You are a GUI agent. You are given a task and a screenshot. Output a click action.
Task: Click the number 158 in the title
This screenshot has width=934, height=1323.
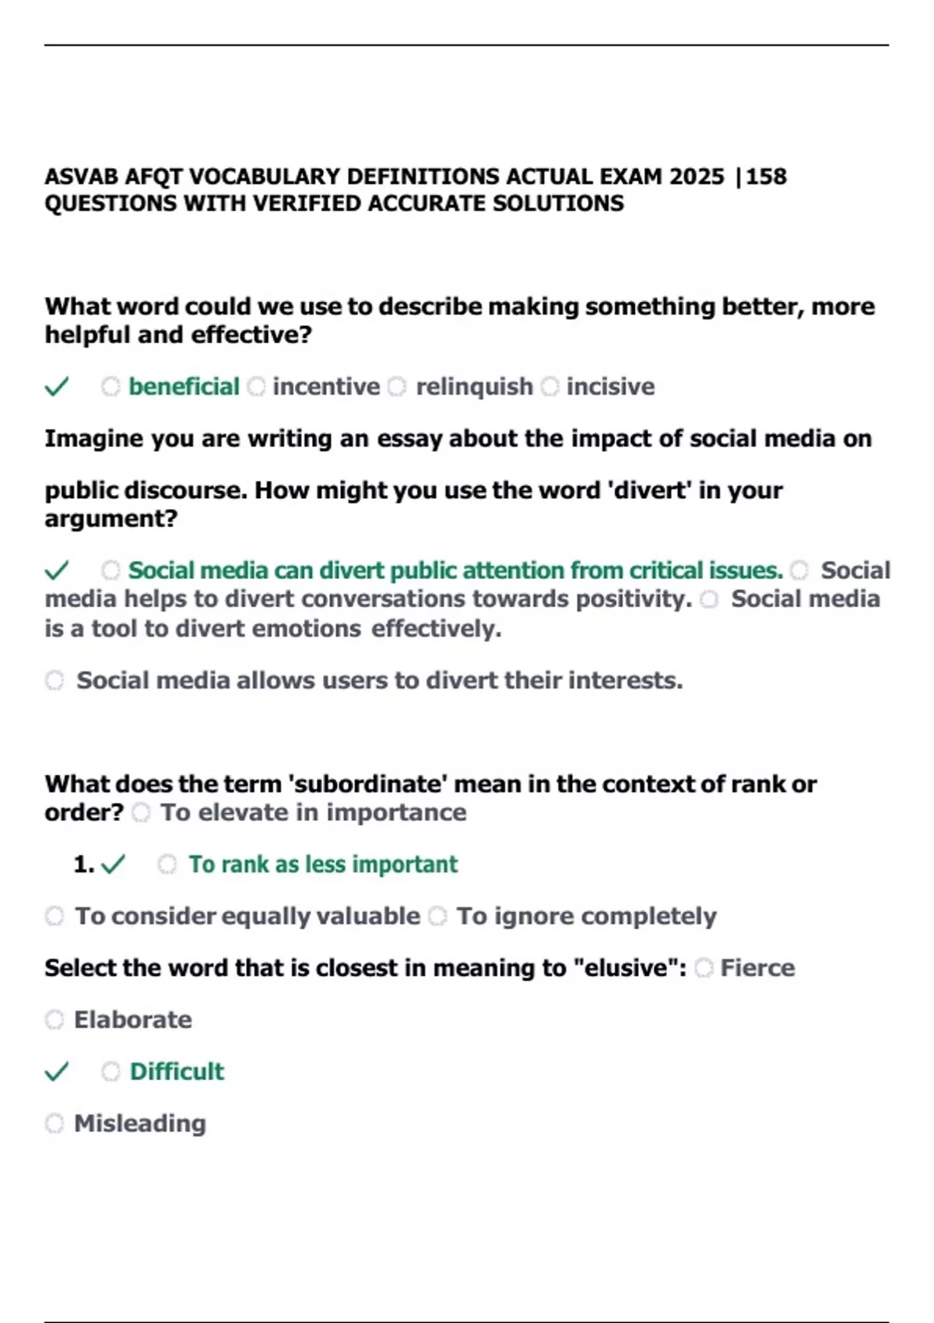click(767, 177)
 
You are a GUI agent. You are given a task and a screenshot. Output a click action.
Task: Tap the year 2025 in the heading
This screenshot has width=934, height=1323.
click(697, 177)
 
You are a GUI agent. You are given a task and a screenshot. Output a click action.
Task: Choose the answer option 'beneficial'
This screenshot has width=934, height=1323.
click(184, 387)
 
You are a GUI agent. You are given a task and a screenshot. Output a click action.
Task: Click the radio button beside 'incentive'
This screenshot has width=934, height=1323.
click(256, 387)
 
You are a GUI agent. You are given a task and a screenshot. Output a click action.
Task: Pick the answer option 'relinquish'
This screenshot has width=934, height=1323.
click(474, 387)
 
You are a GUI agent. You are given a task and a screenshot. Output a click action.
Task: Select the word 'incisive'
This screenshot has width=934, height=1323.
click(610, 387)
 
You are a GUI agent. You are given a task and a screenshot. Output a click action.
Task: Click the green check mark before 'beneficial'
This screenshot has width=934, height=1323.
click(57, 386)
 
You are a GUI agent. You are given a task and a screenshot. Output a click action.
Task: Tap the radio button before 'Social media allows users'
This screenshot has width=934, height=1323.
click(54, 681)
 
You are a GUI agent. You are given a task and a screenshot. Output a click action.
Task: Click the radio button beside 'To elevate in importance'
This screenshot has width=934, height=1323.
click(141, 813)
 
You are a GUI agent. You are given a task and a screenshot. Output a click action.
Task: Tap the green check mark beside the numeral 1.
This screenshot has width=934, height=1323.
click(114, 864)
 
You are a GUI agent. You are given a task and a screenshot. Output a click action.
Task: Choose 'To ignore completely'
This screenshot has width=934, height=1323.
click(586, 916)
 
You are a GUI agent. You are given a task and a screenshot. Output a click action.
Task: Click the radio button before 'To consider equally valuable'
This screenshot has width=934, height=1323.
click(54, 916)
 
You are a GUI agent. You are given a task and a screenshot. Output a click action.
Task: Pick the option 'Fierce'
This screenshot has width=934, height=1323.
click(757, 968)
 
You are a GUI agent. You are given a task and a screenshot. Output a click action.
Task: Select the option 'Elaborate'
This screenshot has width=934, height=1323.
click(132, 1019)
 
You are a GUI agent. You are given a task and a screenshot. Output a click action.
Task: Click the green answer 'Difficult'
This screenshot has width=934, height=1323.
click(177, 1072)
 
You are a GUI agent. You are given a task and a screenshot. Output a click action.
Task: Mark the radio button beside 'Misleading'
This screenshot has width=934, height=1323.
click(54, 1124)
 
